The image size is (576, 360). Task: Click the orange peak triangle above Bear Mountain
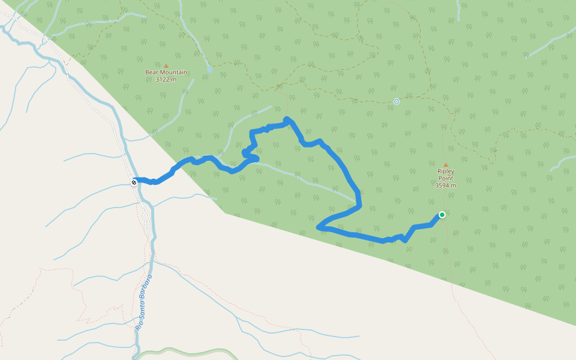(166, 65)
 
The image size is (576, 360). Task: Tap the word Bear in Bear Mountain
(152, 72)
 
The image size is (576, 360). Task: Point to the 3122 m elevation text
(166, 79)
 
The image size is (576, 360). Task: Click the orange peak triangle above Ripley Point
(445, 165)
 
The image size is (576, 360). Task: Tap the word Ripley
(446, 172)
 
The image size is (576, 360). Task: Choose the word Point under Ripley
(446, 178)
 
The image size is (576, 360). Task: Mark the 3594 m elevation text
(446, 185)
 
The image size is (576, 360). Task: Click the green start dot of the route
(442, 215)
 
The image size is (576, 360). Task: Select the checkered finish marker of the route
(134, 182)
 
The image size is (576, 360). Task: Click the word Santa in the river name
(143, 310)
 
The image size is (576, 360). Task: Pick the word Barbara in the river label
(148, 286)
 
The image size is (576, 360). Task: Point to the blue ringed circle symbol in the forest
(397, 101)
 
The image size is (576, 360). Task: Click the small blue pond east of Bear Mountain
(209, 70)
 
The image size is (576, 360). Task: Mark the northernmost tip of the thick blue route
(287, 119)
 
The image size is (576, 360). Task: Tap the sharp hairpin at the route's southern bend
(320, 227)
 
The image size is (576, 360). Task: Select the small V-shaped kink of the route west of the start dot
(406, 240)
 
